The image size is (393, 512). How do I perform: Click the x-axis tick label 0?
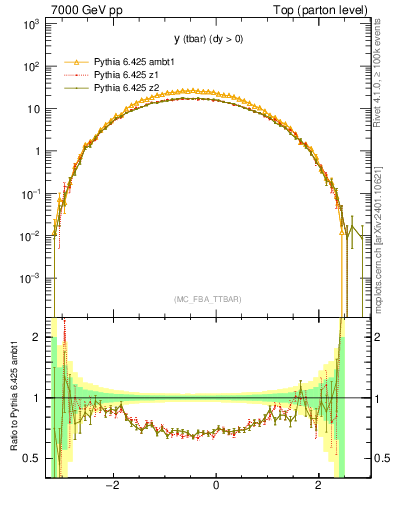click(x=216, y=485)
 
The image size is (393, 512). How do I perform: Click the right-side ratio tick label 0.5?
click(x=381, y=458)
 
